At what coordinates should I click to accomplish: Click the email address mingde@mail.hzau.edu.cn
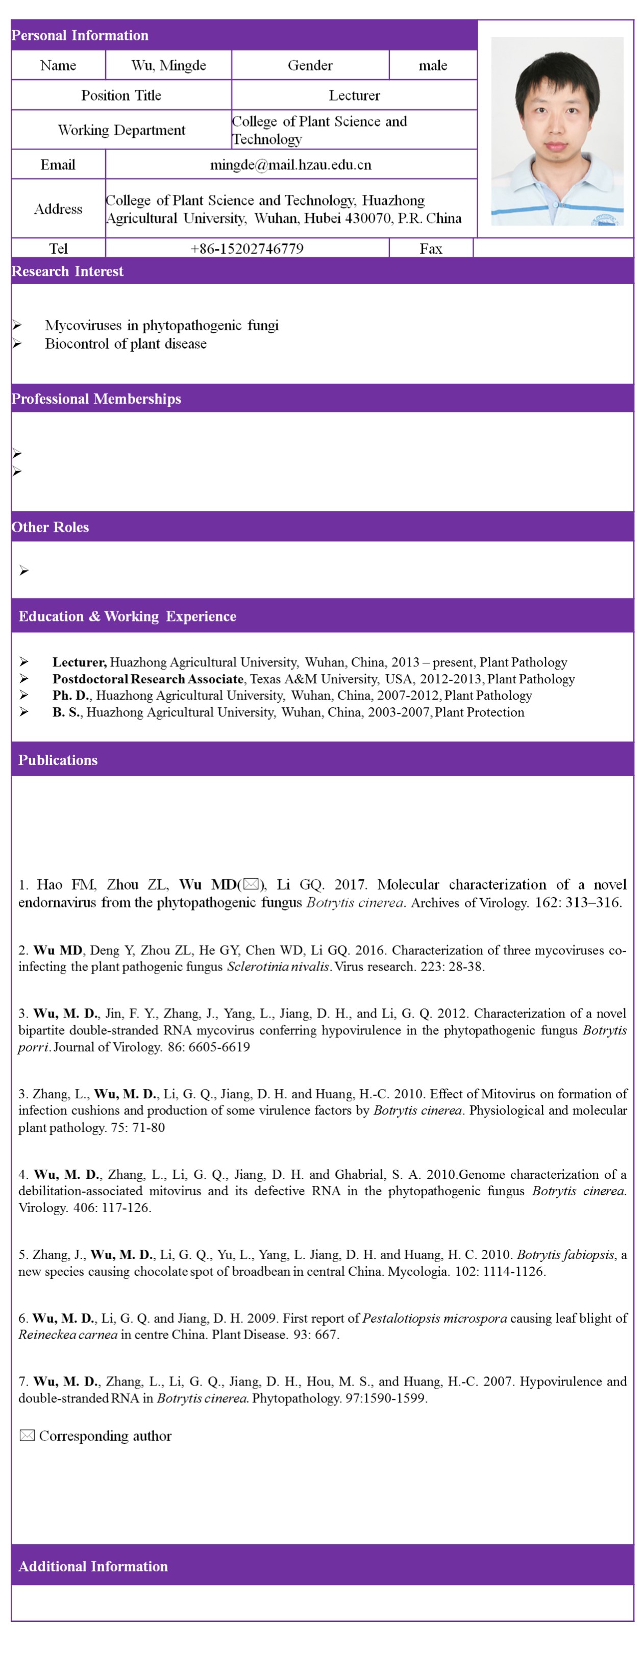(290, 165)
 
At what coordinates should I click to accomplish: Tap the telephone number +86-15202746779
(246, 249)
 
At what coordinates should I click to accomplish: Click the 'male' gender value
(433, 65)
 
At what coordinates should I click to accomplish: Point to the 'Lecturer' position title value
(354, 95)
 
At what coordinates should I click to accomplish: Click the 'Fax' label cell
(431, 249)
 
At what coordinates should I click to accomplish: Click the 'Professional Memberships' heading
(96, 399)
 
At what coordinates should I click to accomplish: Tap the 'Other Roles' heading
(50, 527)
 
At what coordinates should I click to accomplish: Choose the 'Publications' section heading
(58, 760)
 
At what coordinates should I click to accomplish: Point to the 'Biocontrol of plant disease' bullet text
(126, 343)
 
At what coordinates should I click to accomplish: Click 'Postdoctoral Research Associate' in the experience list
(148, 679)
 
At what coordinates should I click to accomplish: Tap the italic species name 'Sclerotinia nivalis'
(278, 967)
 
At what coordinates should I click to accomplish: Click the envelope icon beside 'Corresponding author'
(27, 1436)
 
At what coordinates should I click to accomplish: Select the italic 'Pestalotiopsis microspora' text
(434, 1318)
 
